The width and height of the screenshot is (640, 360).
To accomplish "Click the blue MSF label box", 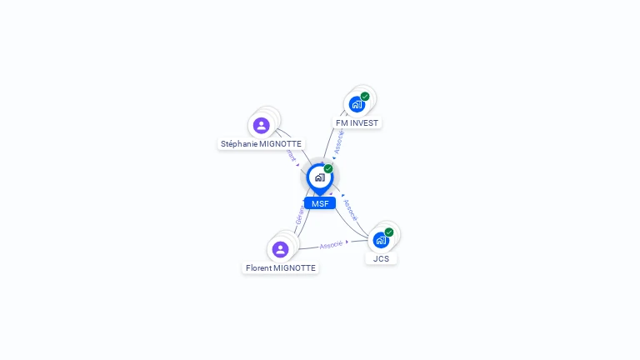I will click(320, 203).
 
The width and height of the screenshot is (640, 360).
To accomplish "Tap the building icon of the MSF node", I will click(319, 177).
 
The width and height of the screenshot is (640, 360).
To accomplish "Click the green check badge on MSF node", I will click(328, 169).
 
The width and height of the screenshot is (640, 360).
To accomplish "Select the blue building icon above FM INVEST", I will click(357, 104).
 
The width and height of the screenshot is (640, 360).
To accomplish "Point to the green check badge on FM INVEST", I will click(365, 97).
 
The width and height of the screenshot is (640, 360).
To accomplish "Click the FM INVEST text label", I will click(357, 122).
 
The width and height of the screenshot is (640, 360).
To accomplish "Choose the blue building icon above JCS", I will click(381, 240).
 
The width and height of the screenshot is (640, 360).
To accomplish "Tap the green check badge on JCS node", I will click(389, 232).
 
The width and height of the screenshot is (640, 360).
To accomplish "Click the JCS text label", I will click(381, 258).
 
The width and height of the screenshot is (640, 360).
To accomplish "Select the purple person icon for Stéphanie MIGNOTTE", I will click(262, 126).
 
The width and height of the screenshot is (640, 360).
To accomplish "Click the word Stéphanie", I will click(239, 144).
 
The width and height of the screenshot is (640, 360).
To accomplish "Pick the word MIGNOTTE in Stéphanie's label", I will click(281, 144).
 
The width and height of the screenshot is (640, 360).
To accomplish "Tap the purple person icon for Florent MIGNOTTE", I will click(280, 249).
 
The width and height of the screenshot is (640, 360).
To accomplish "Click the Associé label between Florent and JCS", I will click(332, 245).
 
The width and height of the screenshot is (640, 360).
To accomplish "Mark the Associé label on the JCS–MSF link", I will click(351, 209).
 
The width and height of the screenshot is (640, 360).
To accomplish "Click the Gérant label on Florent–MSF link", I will click(300, 218).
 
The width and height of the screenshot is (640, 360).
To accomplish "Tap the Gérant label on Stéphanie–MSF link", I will click(291, 155).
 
